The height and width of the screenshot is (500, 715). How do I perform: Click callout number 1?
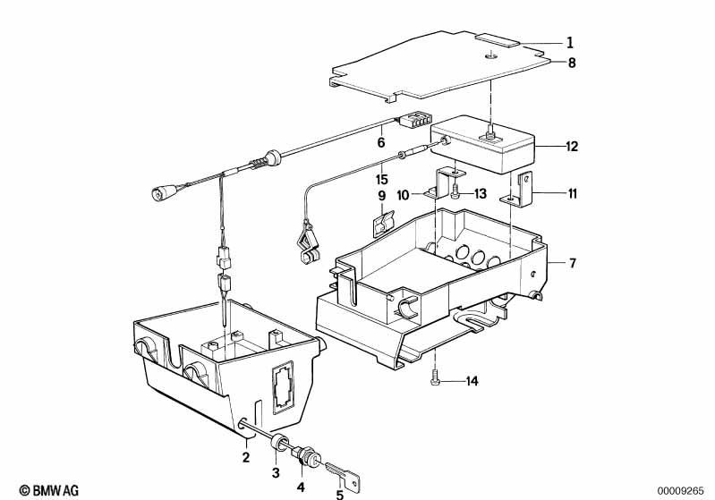[569, 43]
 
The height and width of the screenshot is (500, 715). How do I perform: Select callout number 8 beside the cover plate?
[572, 62]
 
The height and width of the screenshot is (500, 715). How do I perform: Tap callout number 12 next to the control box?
[572, 147]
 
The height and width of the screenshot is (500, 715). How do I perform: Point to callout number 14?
[472, 381]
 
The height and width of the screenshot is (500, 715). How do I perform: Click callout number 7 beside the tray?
[573, 263]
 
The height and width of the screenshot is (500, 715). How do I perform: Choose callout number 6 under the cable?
[380, 142]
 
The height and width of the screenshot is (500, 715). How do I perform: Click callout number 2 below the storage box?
[246, 457]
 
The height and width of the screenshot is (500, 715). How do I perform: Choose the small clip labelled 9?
[383, 224]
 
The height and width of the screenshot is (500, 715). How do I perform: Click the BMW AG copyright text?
[49, 490]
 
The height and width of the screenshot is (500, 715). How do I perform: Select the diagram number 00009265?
[680, 491]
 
